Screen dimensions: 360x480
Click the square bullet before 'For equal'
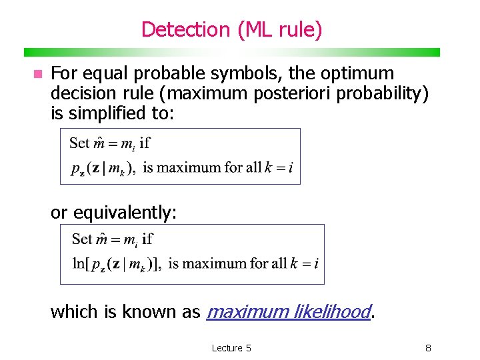click(x=38, y=73)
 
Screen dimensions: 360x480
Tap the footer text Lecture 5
click(x=231, y=347)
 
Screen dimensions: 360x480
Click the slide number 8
click(x=429, y=347)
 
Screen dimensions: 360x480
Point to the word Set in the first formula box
click(x=79, y=142)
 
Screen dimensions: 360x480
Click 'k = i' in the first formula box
click(x=280, y=167)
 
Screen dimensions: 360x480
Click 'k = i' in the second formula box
click(x=305, y=263)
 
